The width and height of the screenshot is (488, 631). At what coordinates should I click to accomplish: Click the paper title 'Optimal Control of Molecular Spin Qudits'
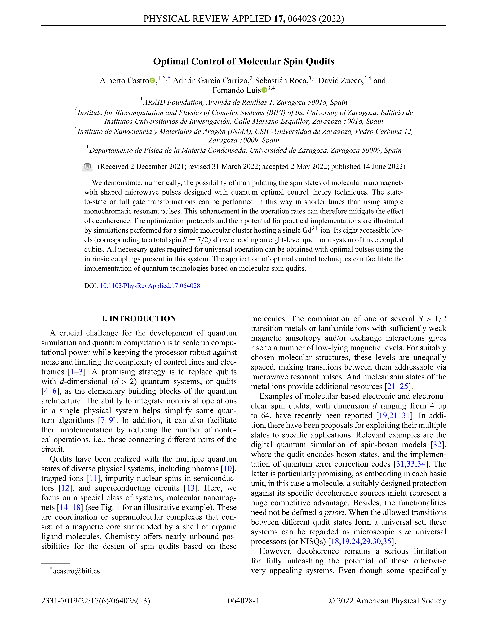[244, 62]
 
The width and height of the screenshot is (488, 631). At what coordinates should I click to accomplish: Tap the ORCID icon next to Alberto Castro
[152, 81]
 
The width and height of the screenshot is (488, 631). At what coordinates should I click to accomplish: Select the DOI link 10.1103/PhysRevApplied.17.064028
[150, 286]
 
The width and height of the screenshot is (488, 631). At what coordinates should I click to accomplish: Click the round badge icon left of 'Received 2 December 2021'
[87, 166]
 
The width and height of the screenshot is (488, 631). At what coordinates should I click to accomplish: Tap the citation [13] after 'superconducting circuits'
[191, 488]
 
